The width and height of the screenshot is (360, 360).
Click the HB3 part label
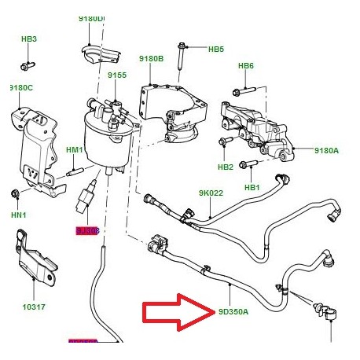click(29, 39)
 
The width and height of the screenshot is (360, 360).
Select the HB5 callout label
click(216, 49)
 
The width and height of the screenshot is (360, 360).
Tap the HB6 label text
click(246, 65)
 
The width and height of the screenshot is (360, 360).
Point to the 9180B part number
click(152, 59)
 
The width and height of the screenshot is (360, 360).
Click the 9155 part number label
click(117, 75)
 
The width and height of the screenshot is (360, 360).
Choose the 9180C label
click(21, 87)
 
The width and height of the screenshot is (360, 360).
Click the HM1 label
click(75, 150)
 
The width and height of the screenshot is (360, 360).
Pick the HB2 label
click(226, 167)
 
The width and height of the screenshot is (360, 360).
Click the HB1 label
click(252, 187)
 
